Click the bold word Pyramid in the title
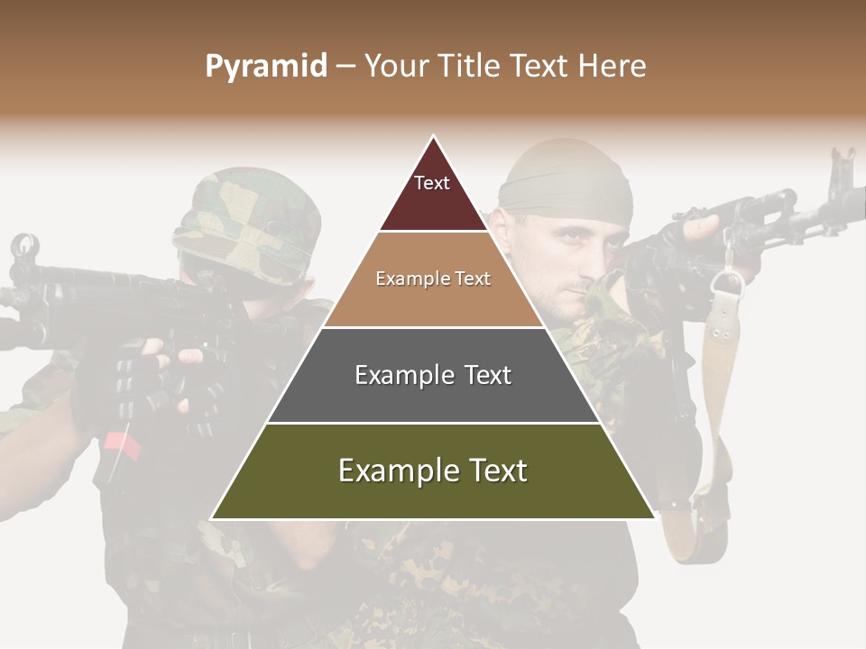tap(266, 67)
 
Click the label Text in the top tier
tap(432, 183)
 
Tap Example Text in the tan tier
tap(433, 279)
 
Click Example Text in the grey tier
tap(433, 375)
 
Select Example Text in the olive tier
tap(433, 471)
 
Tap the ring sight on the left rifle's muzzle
tap(24, 244)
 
